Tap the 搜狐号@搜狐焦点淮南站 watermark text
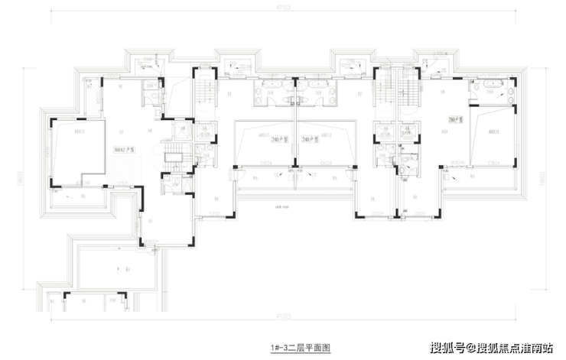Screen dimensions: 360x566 [x=492, y=349]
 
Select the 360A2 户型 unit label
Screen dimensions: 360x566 [x=124, y=151]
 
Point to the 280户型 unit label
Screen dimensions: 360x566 [x=457, y=120]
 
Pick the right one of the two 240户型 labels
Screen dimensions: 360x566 [x=310, y=138]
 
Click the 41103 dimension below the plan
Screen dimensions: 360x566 [x=295, y=313]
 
